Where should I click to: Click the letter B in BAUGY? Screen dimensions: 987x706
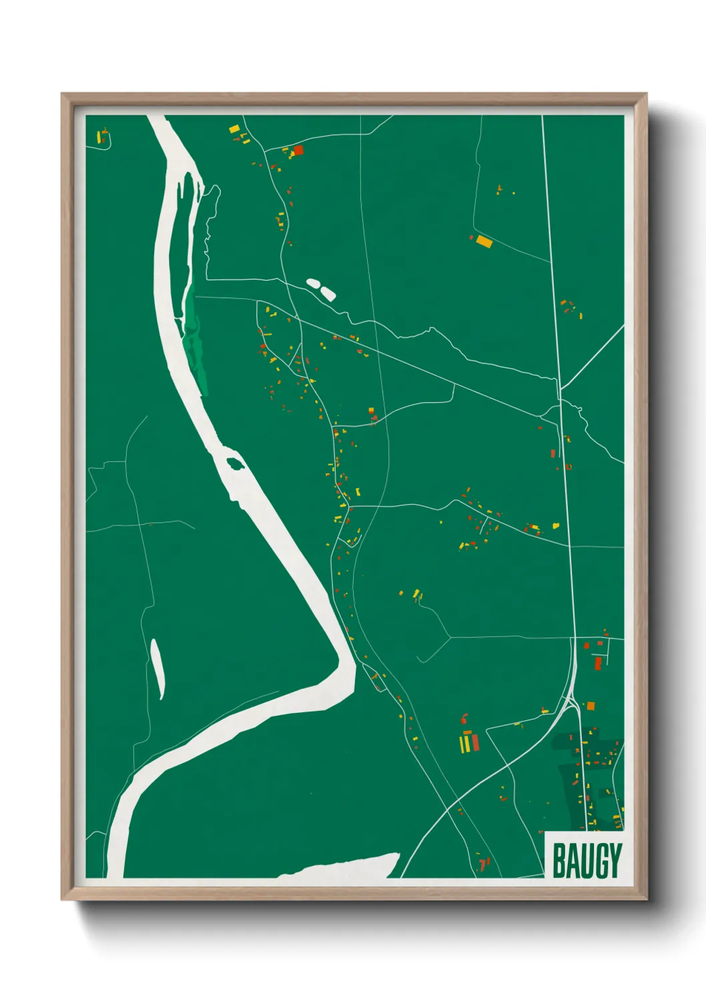coord(559,861)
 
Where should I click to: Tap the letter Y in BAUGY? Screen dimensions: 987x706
coord(614,861)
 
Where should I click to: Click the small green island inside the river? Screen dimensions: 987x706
coord(235,462)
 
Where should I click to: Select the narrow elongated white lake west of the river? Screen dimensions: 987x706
coord(157,668)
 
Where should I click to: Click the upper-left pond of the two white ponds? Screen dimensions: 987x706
coord(312,283)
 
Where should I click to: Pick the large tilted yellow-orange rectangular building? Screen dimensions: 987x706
coord(484,241)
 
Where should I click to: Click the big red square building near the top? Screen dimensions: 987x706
coord(298,150)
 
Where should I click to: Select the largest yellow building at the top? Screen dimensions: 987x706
coord(234,129)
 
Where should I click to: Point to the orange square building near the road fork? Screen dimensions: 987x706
coord(590,706)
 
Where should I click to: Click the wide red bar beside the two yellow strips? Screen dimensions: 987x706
coord(474,742)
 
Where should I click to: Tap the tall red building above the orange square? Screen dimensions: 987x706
coord(598,663)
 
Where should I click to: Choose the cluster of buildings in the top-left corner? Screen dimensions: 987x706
coord(102,137)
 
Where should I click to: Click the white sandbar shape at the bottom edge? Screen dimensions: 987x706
coord(347,867)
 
